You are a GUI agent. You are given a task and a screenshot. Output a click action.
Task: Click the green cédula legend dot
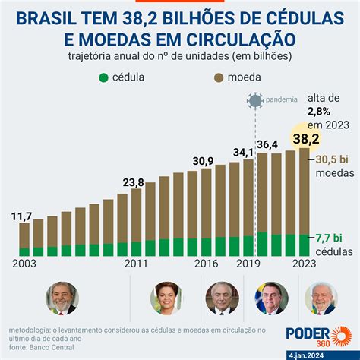point(104,77)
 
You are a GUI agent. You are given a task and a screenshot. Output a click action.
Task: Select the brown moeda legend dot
point(219,77)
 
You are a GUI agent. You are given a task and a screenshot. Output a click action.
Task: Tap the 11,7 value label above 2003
point(21,216)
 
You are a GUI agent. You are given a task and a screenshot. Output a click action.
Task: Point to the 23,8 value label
point(134,182)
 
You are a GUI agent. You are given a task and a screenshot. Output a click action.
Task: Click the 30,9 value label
point(203,161)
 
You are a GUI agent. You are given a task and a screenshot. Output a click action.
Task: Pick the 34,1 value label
point(243,153)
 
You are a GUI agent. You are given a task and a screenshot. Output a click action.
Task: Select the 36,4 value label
point(267,144)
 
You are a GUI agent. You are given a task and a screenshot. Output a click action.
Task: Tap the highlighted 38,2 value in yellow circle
point(306,139)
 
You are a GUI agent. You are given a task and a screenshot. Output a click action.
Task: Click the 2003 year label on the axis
point(24,264)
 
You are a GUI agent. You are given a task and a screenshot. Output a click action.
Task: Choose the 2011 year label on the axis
point(136,264)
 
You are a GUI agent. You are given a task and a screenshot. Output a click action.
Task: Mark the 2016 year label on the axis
point(206,264)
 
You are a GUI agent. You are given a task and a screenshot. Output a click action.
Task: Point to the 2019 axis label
point(248,264)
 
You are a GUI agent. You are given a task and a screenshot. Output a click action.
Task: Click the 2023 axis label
point(305,264)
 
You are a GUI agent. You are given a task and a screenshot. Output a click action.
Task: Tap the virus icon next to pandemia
point(255,100)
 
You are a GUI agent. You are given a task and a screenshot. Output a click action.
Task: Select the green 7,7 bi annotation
point(329,238)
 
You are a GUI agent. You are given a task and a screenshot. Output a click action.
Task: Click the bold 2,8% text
point(319,112)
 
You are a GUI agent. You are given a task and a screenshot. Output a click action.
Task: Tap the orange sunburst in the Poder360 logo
point(341,336)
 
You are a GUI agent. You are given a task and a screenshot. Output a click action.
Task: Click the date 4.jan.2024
point(306,355)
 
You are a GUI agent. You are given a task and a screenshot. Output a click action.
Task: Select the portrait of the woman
point(166,298)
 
